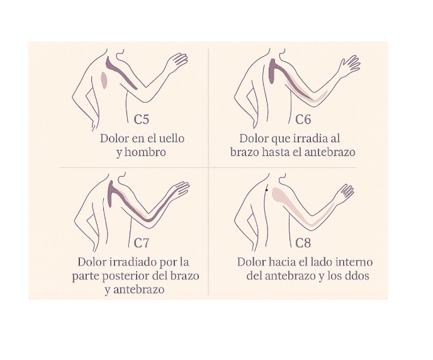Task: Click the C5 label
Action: (x=142, y=119)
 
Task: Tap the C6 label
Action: (x=303, y=119)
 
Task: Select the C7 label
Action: (x=142, y=243)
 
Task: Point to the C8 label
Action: (x=303, y=243)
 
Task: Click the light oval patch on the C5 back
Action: (x=104, y=81)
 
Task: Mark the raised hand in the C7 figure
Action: (x=179, y=190)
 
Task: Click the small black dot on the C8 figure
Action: (x=266, y=190)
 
